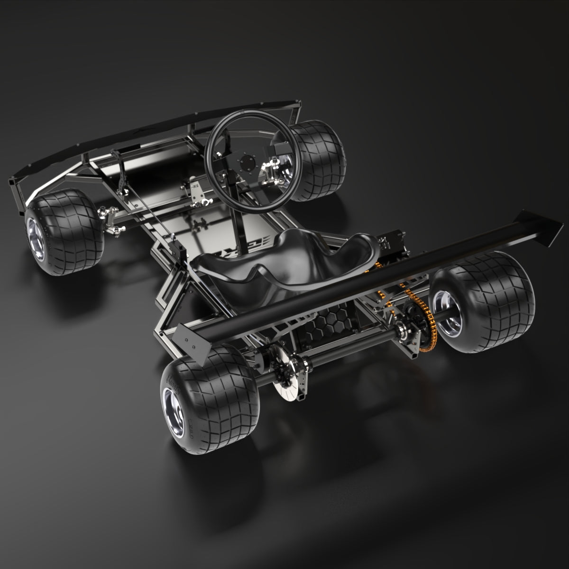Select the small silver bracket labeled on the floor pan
(x=195, y=190)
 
